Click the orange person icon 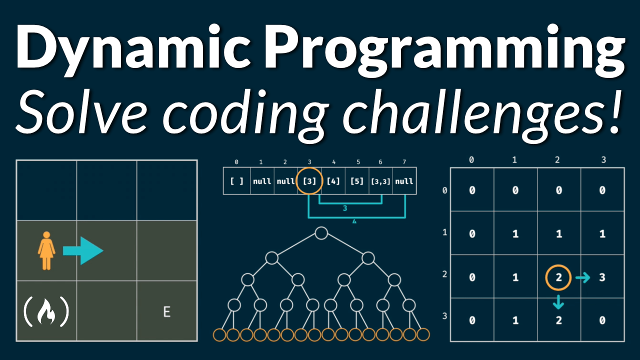point(46,250)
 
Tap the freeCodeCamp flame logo point(46,311)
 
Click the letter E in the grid point(167,312)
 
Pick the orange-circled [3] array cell point(309,180)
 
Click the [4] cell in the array point(333,180)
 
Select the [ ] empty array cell point(236,180)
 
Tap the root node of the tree point(321,233)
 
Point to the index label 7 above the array point(404,162)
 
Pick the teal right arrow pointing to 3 point(582,277)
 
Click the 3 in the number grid point(602,277)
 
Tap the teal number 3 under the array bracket point(345,208)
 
